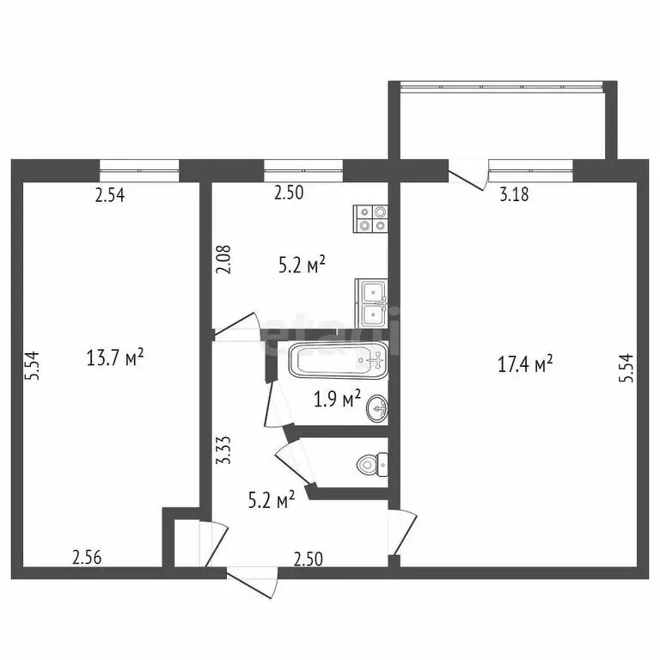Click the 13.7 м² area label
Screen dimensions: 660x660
tap(115, 357)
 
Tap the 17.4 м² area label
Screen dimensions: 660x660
tap(525, 365)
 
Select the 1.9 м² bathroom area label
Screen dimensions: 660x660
tap(336, 400)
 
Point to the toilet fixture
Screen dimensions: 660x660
tap(371, 465)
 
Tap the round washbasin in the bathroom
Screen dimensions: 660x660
tap(376, 409)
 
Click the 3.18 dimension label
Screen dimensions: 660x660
tap(514, 194)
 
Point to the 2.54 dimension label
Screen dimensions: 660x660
tap(110, 195)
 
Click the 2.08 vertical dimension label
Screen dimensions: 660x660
tap(223, 259)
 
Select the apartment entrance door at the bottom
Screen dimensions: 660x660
tap(252, 583)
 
